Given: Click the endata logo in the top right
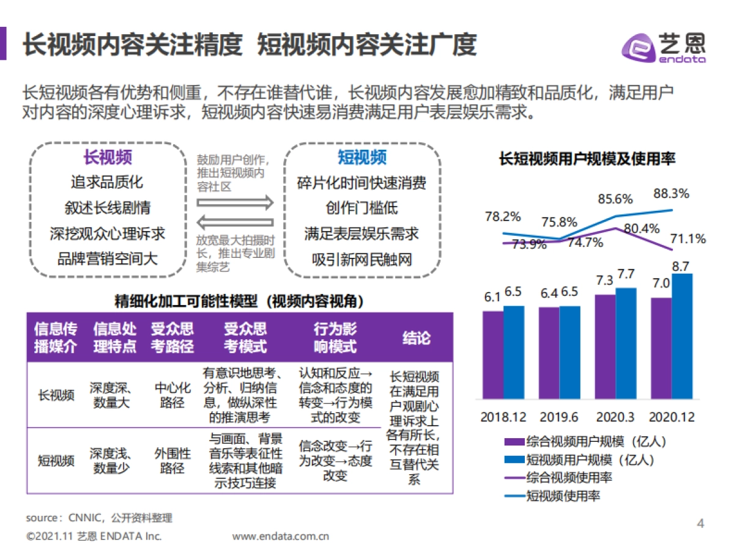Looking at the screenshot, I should pos(664,46).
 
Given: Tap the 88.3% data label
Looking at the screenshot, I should pos(671,194).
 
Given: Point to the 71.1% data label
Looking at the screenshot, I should pos(688,238).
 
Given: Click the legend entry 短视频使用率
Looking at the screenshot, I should pos(563,495).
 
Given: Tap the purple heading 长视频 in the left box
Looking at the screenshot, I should pos(108,158).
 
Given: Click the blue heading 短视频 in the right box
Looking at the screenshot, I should pos(362,158).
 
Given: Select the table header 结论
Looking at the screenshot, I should pos(417,338).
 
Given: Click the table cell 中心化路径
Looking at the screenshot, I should pos(172,395).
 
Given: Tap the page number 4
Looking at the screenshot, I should pos(701,524).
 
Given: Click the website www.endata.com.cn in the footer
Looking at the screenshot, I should pos(281,537).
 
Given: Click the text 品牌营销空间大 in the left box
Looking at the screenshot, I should pos(108,258).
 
